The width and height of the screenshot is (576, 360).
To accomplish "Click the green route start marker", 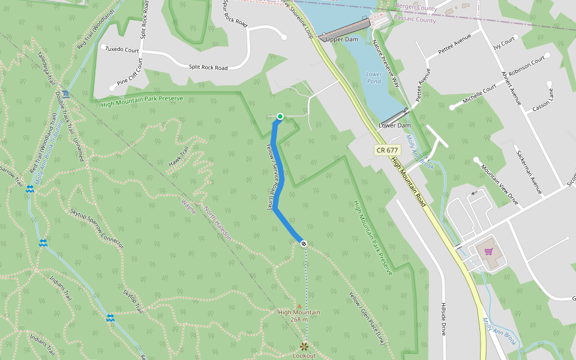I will point(280,116).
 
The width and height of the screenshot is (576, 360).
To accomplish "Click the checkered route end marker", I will point(304,243).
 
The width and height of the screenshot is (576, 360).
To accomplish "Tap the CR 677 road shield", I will point(387,150).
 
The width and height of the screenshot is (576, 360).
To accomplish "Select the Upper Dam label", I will point(341,40).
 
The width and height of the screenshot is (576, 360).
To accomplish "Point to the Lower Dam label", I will point(395,125).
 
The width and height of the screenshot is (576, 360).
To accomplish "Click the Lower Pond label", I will point(374,77).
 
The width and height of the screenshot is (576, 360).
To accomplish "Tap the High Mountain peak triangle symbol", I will point(299,305).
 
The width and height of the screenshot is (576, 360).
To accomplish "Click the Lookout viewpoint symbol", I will point(304,346).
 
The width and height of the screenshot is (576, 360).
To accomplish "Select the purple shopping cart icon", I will point(488,251).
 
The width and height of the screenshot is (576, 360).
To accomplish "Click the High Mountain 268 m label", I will point(299,316).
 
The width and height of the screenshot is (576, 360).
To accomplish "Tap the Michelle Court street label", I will point(479,95).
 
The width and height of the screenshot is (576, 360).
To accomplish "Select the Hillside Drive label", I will point(444,319).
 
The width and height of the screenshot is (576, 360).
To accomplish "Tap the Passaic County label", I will point(415,20).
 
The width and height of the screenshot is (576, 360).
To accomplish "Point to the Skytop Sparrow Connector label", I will point(97,228).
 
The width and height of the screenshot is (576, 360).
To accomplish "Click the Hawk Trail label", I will point(179,157).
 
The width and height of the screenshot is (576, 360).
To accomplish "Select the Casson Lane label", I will point(543,100).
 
